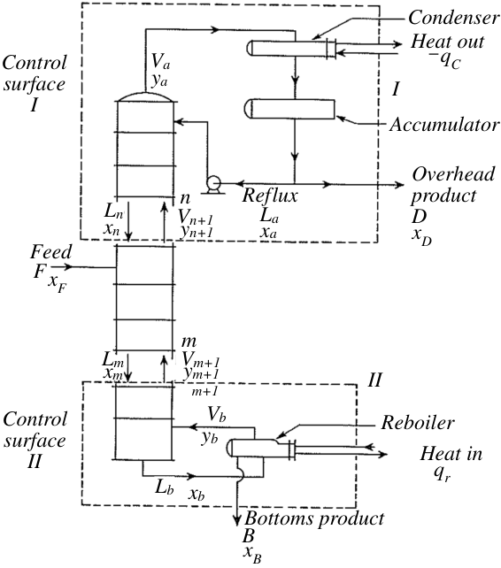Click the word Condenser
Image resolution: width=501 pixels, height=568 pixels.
pos(453,18)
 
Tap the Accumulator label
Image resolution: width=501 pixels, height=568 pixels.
pos(444,125)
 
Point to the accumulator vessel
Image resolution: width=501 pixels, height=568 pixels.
pos(290,109)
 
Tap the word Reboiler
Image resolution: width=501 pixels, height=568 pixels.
pos(417,422)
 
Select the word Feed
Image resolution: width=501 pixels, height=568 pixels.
pos(50,252)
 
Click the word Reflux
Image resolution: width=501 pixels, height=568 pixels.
pos(270,196)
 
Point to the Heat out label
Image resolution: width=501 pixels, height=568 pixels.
pos(447,42)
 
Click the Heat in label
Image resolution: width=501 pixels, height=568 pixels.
pos(451,454)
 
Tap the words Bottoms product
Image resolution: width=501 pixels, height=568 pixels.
pos(314,518)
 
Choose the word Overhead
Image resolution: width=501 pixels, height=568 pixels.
pos(453,174)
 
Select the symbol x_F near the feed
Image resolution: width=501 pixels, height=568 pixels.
pos(58,282)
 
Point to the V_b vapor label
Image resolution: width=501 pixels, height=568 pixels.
pos(217,414)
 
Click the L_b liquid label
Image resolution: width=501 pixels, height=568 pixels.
pos(165,487)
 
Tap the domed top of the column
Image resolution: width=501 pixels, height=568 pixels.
pos(145,96)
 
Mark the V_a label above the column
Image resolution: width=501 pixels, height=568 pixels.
pos(160,61)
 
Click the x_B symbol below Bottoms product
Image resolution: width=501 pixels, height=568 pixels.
pos(252,554)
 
